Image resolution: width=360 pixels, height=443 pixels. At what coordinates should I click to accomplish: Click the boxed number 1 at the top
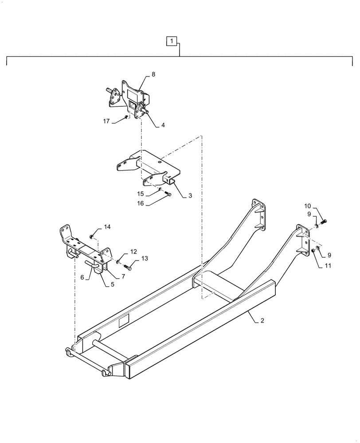172,42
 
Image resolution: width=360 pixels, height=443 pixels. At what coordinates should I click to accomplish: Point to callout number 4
163,125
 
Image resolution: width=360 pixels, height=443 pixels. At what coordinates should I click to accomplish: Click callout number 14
107,227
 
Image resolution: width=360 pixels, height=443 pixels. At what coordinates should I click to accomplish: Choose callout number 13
145,258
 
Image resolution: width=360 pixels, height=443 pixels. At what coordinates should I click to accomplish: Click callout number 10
307,206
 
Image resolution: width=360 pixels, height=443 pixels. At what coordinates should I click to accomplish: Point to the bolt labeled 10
322,221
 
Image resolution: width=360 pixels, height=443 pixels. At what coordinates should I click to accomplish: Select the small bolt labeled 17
127,117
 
